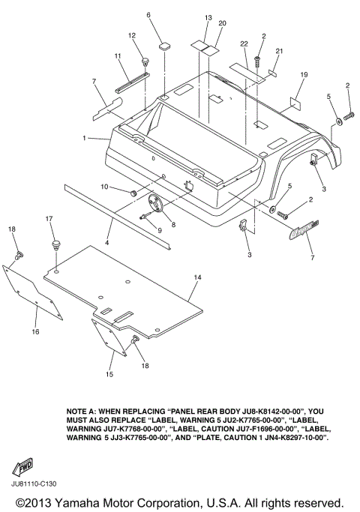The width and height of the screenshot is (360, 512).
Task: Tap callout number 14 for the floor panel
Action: (197, 277)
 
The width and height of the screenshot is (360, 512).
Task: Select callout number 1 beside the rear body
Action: (84, 139)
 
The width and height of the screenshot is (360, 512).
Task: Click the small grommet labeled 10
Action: (133, 193)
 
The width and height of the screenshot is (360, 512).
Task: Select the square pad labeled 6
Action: (163, 46)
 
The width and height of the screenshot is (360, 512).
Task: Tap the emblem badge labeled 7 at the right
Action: (304, 229)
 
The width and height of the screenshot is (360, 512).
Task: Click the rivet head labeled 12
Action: (145, 61)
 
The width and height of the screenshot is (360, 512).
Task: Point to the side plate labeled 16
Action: (31, 292)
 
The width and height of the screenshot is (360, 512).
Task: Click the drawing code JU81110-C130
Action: (34, 484)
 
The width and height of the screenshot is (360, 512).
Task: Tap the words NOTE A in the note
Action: (81, 411)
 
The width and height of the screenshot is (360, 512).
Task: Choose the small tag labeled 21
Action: (273, 73)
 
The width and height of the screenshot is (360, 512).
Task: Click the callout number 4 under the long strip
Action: (106, 243)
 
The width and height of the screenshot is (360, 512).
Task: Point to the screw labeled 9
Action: (145, 216)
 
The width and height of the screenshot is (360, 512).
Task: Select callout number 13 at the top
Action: (208, 18)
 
